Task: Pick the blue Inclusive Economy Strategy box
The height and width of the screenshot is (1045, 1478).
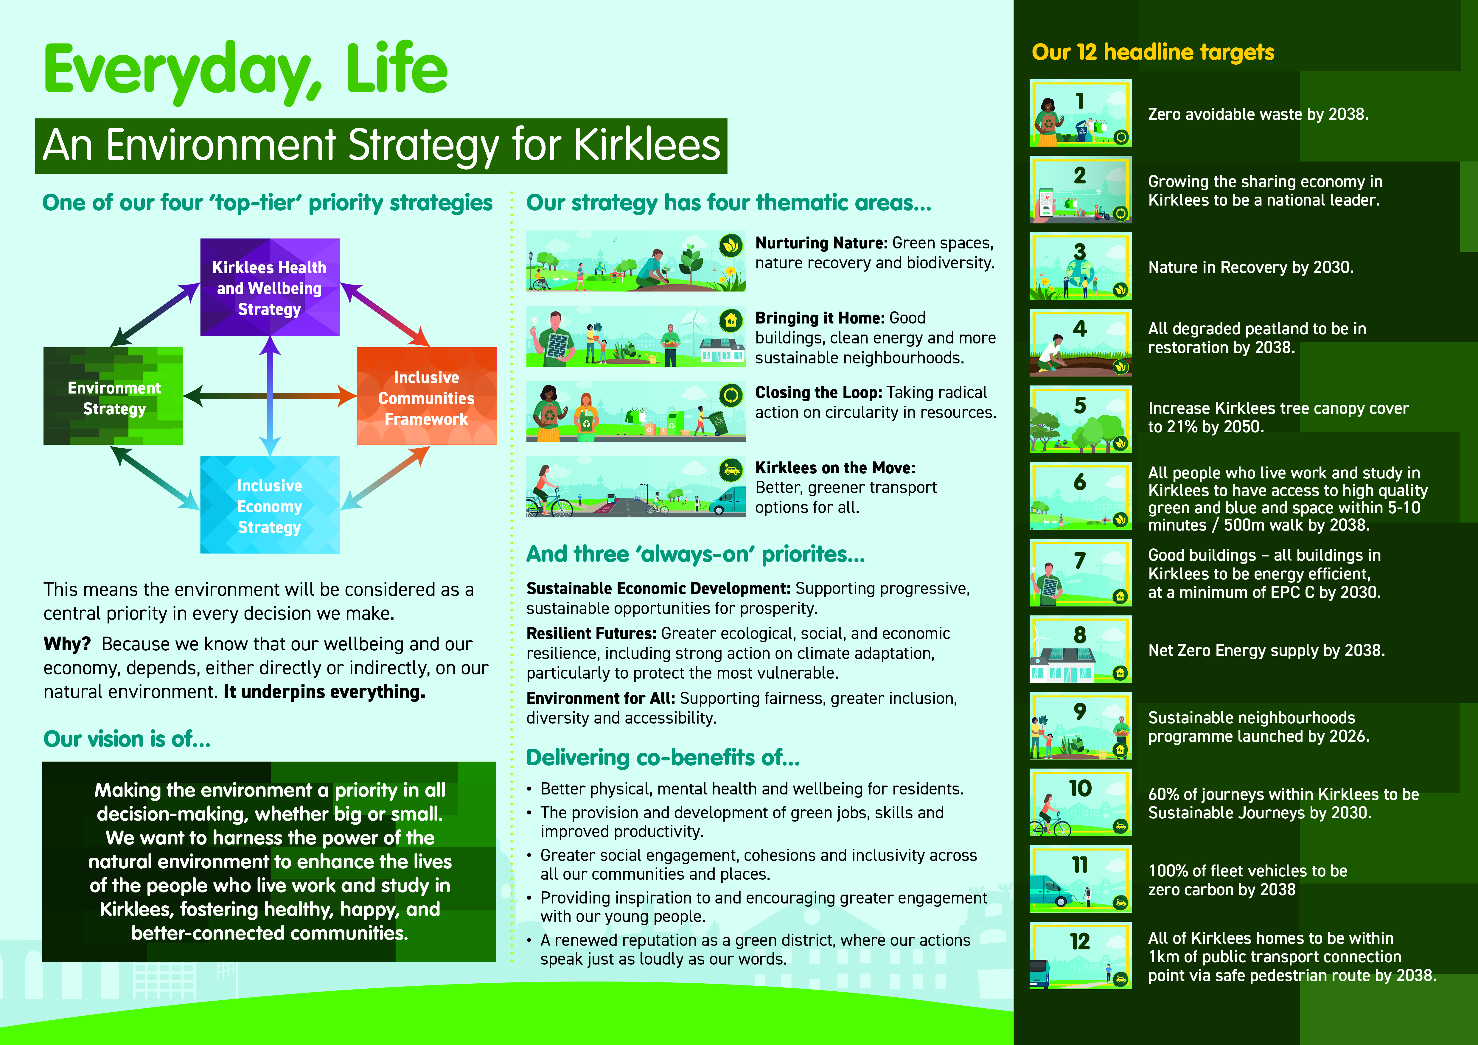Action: [x=270, y=505]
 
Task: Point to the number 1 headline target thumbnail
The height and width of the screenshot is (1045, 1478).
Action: [x=1080, y=113]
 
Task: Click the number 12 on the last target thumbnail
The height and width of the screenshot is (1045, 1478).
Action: [x=1080, y=941]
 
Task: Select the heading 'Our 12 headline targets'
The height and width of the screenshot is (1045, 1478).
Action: [x=1152, y=52]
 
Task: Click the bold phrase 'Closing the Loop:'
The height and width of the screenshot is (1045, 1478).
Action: [x=818, y=393]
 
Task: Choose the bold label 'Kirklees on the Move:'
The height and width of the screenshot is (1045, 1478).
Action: [x=835, y=468]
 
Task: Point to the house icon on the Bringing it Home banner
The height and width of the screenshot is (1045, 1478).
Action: [x=731, y=320]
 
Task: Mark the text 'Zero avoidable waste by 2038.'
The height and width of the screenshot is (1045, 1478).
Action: [x=1258, y=114]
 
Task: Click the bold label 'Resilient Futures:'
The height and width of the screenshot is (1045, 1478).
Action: [x=591, y=634]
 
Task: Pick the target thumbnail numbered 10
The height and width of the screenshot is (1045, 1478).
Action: [x=1080, y=803]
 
